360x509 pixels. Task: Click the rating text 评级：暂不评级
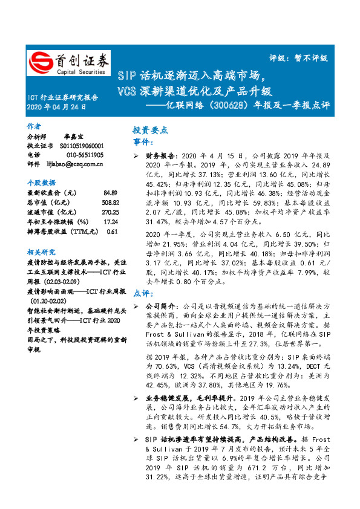point(298,58)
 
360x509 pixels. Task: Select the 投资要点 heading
point(150,130)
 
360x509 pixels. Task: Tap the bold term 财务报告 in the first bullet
point(160,155)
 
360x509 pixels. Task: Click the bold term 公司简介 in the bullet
point(160,306)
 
